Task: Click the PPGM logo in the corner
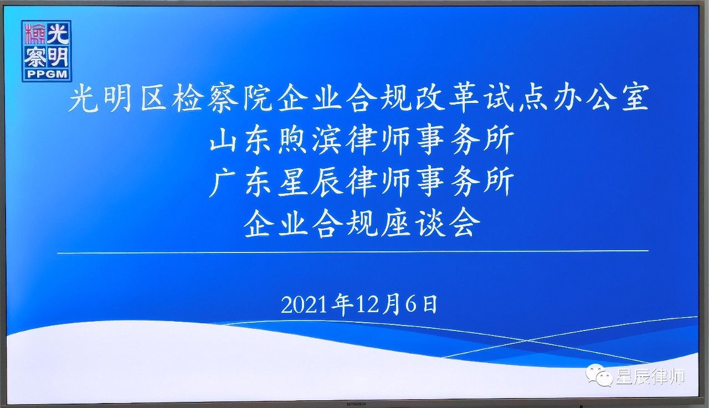47,51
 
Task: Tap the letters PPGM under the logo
47,74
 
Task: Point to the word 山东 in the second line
240,140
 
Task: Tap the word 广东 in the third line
240,182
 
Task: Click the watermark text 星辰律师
651,376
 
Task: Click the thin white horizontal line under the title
353,252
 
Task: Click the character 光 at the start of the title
83,98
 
